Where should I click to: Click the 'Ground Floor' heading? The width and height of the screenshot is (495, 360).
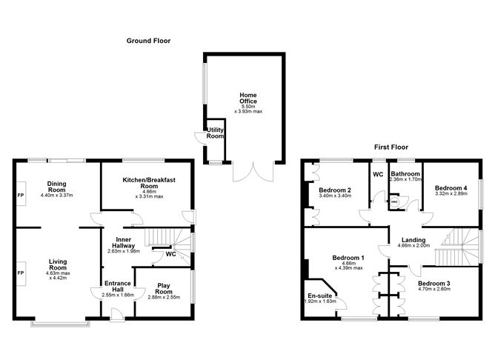(148, 41)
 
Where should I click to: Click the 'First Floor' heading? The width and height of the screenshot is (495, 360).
(391, 147)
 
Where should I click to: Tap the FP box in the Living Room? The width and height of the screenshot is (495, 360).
(21, 273)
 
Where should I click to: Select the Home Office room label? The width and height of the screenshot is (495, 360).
(248, 98)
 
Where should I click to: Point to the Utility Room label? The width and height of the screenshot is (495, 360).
(215, 133)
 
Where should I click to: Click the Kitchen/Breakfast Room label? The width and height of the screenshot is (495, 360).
(149, 183)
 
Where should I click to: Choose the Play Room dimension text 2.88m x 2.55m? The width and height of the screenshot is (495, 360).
(164, 297)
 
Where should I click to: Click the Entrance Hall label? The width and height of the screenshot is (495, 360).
(117, 286)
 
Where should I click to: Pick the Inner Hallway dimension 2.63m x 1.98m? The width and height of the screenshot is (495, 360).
(124, 251)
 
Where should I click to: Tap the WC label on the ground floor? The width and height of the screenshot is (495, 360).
(170, 254)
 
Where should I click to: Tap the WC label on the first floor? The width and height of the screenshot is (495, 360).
(378, 175)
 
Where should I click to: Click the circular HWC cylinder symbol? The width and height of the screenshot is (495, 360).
(394, 201)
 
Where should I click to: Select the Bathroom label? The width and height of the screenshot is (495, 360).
(405, 174)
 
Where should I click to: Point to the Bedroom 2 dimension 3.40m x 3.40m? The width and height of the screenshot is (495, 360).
(335, 196)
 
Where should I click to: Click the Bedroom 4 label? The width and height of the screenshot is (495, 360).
(451, 188)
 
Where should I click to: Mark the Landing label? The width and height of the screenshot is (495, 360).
(413, 240)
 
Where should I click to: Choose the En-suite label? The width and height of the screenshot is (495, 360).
(320, 296)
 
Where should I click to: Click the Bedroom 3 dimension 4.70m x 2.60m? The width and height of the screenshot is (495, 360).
(434, 289)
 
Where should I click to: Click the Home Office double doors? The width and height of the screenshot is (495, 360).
(253, 172)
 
